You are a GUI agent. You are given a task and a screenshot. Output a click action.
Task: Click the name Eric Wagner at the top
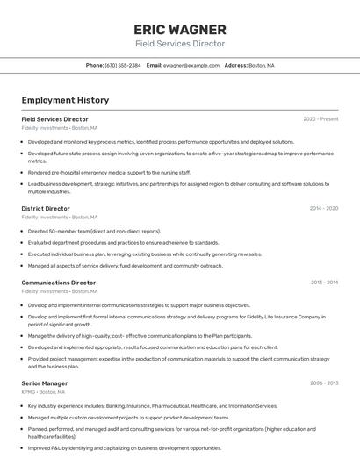click(179, 29)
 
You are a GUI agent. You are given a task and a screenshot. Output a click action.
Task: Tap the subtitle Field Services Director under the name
click(179, 44)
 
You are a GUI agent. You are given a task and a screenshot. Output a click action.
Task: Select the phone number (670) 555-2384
click(122, 65)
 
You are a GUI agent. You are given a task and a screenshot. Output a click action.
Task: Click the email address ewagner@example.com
click(191, 65)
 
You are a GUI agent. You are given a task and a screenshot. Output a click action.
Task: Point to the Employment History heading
click(65, 100)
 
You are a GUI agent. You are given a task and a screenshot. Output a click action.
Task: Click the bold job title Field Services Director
click(54, 119)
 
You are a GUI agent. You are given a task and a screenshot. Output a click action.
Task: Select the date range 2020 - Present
click(320, 119)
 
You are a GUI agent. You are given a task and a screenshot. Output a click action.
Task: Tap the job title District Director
click(46, 209)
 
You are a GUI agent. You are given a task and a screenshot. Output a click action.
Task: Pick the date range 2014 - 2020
click(324, 209)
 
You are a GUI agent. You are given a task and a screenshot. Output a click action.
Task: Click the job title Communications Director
click(59, 283)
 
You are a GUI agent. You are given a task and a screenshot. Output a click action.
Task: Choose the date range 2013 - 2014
click(324, 283)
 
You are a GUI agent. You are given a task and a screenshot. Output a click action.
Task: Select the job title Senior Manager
click(45, 383)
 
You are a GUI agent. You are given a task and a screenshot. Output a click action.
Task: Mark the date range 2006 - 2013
click(324, 383)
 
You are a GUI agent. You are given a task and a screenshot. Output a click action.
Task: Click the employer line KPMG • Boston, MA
click(43, 392)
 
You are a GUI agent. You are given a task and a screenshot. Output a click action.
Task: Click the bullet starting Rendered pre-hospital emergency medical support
click(109, 172)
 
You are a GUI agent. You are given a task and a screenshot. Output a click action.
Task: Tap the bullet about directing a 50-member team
click(94, 231)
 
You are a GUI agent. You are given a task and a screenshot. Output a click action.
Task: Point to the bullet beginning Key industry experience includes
click(152, 406)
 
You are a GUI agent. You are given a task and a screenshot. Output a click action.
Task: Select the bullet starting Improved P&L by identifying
click(125, 447)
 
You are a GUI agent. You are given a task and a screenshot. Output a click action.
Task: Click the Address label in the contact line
click(235, 65)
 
